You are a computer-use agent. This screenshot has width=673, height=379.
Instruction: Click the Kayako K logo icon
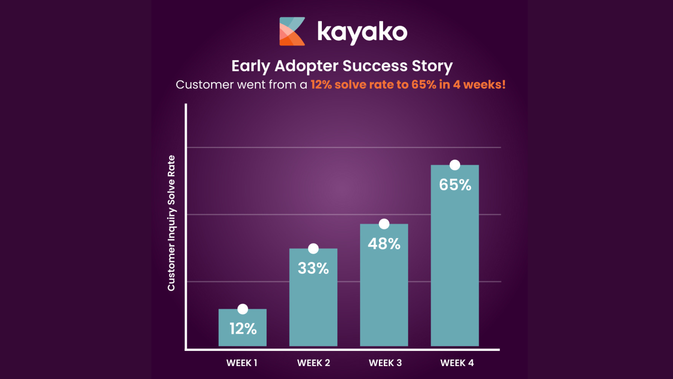[x=292, y=32]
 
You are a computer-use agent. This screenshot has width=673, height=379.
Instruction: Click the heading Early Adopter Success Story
[x=342, y=66]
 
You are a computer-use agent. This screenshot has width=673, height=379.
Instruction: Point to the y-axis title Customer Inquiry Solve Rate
[x=171, y=223]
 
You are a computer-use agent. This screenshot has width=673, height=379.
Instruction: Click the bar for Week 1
[x=243, y=327]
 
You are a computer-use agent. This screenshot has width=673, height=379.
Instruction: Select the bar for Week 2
[x=313, y=297]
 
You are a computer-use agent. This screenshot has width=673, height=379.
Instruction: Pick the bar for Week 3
[x=384, y=285]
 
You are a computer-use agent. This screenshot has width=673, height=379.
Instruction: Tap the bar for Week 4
[x=455, y=255]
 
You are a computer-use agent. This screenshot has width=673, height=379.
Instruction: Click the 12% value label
[x=243, y=329]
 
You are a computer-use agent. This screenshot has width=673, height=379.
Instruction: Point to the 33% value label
[x=313, y=268]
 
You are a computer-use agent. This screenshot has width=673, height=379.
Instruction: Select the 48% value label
[x=384, y=244]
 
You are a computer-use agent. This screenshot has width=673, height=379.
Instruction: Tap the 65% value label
[x=455, y=185]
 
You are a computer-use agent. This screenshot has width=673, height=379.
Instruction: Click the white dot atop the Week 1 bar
[x=243, y=309]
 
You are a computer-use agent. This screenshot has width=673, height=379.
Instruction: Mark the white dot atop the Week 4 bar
[x=455, y=165]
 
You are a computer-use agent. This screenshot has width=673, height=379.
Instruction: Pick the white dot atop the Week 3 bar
[x=384, y=224]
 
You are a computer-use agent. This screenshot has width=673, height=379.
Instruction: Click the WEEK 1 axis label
[x=242, y=363]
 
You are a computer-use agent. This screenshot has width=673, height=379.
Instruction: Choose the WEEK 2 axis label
[x=314, y=363]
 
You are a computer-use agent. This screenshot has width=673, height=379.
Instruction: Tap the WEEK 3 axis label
[x=385, y=363]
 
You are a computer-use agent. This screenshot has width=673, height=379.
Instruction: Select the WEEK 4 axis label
[x=457, y=363]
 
